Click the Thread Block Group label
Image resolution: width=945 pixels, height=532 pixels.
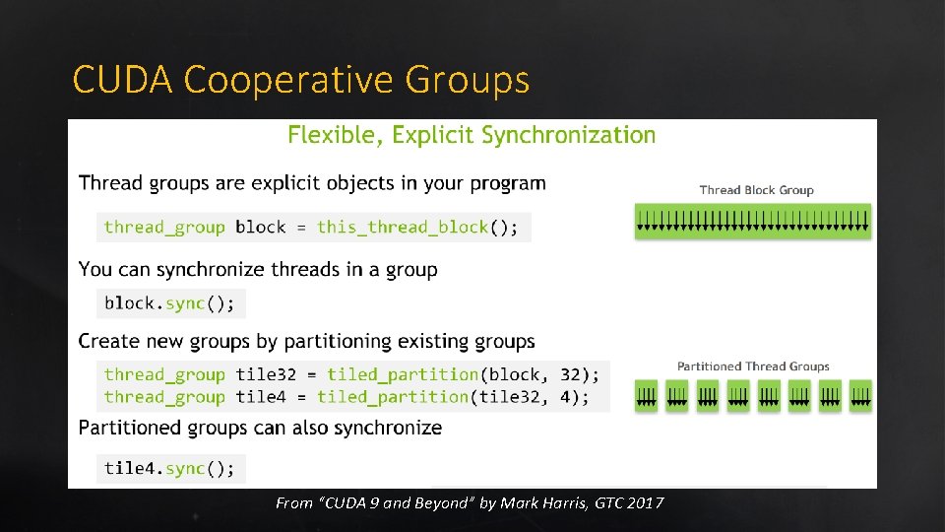(x=756, y=190)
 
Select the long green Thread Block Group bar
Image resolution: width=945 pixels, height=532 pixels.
(x=753, y=221)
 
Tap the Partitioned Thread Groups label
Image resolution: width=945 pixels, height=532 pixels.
(x=753, y=366)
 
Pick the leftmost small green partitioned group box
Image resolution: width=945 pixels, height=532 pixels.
(x=647, y=396)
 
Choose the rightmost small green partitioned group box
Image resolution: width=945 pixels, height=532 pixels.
(x=860, y=396)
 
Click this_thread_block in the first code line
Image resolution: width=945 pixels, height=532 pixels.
(x=403, y=228)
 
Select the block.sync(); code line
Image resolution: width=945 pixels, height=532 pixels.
(x=170, y=303)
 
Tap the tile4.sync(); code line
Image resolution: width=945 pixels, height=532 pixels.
(x=170, y=469)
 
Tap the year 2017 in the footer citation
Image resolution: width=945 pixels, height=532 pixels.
(x=645, y=503)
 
